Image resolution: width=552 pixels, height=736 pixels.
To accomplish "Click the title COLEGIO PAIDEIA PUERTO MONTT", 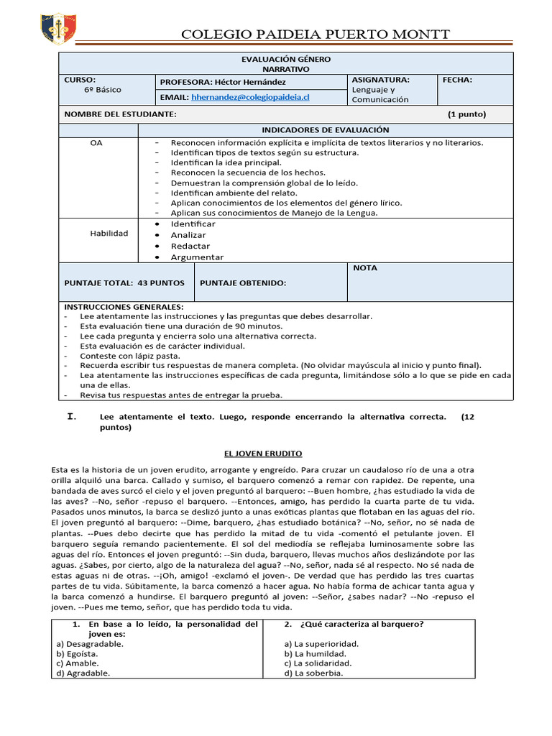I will point(316,34).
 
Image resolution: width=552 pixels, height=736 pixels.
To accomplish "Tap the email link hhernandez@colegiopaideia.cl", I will point(249,96).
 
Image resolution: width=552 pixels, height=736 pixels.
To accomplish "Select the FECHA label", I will point(457,80).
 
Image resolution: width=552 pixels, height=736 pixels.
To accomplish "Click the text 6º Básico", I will point(103,90).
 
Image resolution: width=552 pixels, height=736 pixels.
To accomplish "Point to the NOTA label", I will point(365,268).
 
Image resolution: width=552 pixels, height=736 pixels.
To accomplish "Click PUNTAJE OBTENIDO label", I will point(242,283).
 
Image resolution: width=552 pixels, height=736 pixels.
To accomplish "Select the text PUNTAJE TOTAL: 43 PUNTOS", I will point(124,283).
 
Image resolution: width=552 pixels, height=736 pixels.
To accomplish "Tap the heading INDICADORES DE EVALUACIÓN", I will point(325,130).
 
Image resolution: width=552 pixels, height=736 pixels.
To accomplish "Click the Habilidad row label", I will point(109,234).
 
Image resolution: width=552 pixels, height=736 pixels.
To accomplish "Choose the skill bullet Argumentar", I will point(197,257).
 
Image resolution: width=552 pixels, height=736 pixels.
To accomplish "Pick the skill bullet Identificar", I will point(193,224).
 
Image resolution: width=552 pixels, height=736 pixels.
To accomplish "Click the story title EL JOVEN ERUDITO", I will point(262,454).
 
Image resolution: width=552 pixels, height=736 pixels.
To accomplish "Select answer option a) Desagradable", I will point(90,644).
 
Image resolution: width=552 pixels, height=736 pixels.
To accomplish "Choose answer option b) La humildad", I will point(316,654).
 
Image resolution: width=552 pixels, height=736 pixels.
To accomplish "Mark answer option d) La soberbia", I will point(313,673).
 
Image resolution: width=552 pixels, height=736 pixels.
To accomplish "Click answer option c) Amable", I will point(78,663).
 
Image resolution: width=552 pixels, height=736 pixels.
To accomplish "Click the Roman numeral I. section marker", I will point(71,416).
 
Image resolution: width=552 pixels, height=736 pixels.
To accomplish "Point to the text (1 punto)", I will point(466,114).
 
